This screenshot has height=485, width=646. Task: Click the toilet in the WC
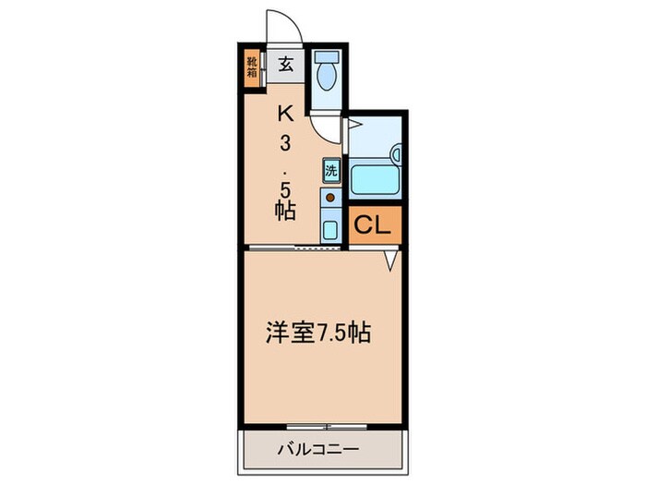(326, 75)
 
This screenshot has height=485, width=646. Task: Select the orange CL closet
(375, 225)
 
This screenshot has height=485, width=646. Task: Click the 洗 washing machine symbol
(330, 170)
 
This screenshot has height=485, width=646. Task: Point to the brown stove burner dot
(329, 197)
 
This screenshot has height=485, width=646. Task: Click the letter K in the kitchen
(286, 115)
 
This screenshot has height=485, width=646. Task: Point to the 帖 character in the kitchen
(285, 211)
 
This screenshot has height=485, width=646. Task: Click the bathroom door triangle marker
(353, 120)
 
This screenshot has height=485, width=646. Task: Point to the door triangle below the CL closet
(392, 263)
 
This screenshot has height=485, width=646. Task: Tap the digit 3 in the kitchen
(286, 145)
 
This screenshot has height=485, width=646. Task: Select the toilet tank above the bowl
(326, 57)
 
